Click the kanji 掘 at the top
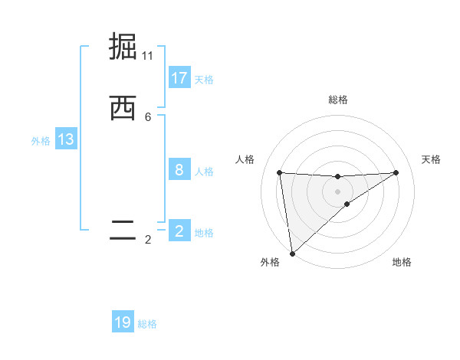pyautogui.click(x=123, y=47)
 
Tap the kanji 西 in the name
pyautogui.click(x=123, y=108)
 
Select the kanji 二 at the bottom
pyautogui.click(x=123, y=230)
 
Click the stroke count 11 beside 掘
pyautogui.click(x=148, y=56)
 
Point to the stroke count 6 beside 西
pyautogui.click(x=148, y=117)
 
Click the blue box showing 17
pyautogui.click(x=179, y=78)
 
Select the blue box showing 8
pyautogui.click(x=179, y=170)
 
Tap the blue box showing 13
pyautogui.click(x=66, y=139)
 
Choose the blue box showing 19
pyautogui.click(x=123, y=322)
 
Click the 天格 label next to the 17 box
pyautogui.click(x=204, y=80)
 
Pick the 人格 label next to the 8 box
pyautogui.click(x=204, y=172)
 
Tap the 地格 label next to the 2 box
pyautogui.click(x=204, y=233)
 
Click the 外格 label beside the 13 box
pyautogui.click(x=41, y=141)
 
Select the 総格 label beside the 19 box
pyautogui.click(x=147, y=324)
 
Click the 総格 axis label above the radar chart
pyautogui.click(x=338, y=100)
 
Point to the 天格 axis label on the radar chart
pyautogui.click(x=432, y=159)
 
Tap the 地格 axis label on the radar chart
pyautogui.click(x=402, y=262)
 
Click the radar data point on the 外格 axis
pyautogui.click(x=291, y=253)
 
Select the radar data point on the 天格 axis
pyautogui.click(x=396, y=172)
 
